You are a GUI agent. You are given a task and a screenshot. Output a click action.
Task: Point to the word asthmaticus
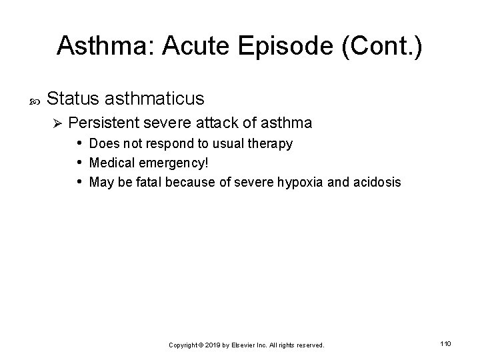click(x=155, y=99)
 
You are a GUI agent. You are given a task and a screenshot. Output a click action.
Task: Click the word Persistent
click(x=108, y=123)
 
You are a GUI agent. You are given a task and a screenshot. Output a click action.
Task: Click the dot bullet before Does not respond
click(x=79, y=143)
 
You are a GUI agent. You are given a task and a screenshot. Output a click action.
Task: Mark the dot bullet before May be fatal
click(x=79, y=181)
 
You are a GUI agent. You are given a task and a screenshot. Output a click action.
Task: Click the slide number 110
click(x=446, y=343)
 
